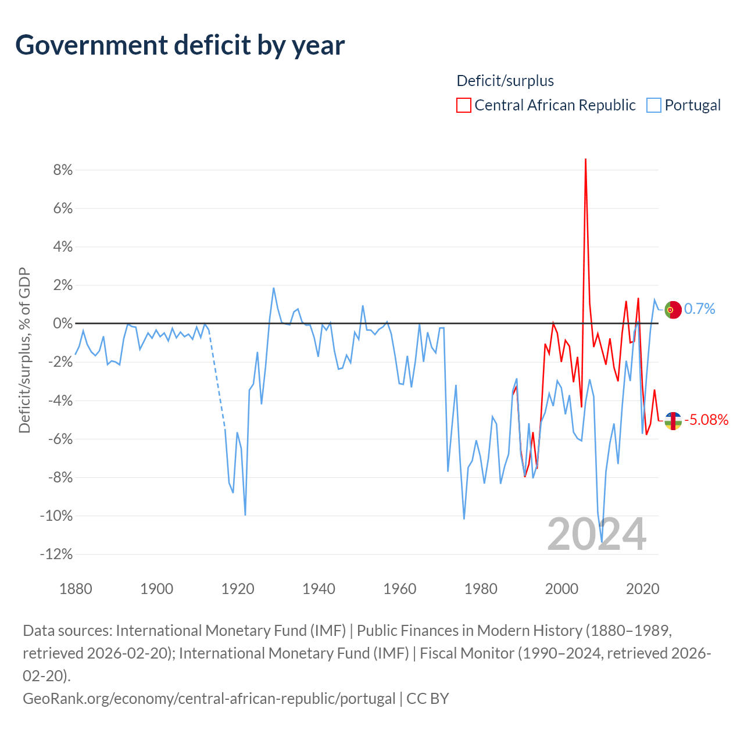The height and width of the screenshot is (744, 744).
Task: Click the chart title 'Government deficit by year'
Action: click(180, 45)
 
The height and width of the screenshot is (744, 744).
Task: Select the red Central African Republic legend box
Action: click(463, 105)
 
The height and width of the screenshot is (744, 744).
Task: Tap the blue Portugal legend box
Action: click(654, 105)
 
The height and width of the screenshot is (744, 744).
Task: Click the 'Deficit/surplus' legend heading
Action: click(505, 81)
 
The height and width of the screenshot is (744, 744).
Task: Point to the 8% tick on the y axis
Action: click(63, 170)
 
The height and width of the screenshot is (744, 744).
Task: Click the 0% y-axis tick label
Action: click(63, 323)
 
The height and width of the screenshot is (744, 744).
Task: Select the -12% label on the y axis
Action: click(56, 554)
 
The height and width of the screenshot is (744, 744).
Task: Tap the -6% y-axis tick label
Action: click(60, 439)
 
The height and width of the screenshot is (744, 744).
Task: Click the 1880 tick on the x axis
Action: click(76, 589)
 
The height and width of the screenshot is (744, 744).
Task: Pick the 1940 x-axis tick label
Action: click(319, 589)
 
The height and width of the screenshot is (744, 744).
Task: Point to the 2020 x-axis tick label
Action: click(642, 589)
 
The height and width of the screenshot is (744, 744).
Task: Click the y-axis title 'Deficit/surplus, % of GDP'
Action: click(24, 350)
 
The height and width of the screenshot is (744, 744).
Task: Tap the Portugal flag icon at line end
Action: click(673, 310)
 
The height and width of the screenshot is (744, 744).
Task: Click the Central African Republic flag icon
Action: click(673, 421)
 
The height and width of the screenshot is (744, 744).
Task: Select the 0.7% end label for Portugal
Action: click(699, 309)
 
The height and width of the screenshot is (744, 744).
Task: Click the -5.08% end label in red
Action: click(706, 420)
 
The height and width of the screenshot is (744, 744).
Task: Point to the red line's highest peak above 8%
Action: click(585, 159)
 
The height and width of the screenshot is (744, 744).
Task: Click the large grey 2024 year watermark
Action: click(596, 534)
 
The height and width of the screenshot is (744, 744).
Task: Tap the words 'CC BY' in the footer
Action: click(427, 699)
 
